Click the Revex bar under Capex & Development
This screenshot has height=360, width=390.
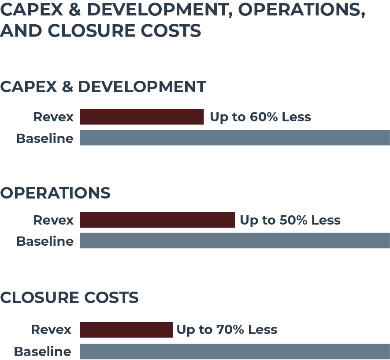tap(141, 117)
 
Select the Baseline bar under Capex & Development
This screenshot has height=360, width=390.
tap(234, 138)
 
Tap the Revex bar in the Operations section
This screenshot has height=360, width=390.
tap(157, 220)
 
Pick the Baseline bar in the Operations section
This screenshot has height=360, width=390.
tap(234, 240)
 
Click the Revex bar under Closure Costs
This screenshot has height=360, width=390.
tap(126, 330)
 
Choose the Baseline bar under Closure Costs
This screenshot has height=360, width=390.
tap(234, 351)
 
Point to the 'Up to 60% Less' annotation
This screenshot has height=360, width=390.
tap(260, 117)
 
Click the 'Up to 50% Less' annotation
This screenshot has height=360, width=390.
tap(290, 220)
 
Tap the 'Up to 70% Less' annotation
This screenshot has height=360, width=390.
tap(227, 330)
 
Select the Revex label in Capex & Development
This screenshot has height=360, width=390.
tap(53, 117)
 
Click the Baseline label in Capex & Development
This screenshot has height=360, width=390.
tap(45, 138)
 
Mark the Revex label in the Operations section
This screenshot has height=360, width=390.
tap(53, 220)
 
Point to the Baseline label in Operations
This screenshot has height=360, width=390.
tap(45, 241)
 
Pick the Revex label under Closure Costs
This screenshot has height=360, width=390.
tap(51, 330)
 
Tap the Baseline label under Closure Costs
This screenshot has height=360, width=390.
tap(42, 352)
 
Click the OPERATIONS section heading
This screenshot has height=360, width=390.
tap(55, 193)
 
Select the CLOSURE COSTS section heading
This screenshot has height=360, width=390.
tap(69, 297)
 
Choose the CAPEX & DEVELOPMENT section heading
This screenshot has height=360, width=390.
tap(103, 86)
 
